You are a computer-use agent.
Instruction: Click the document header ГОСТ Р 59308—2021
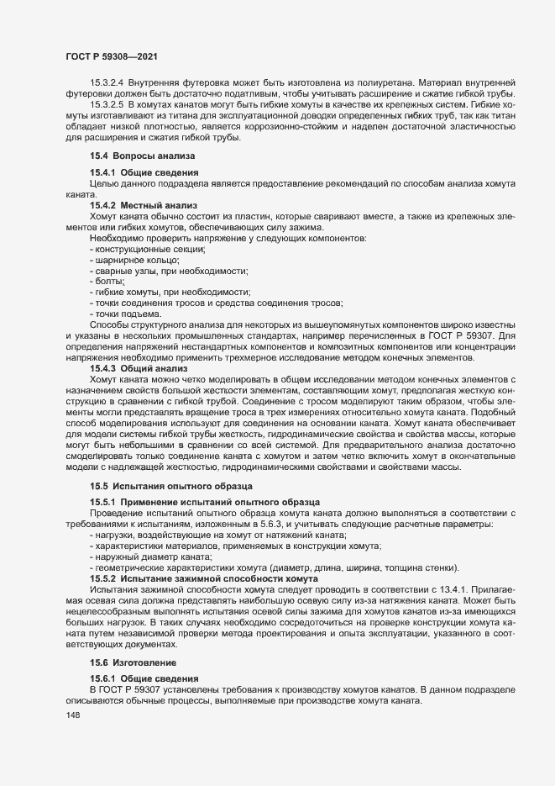pos(109,55)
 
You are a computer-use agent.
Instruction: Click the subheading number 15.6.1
pos(104,678)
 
